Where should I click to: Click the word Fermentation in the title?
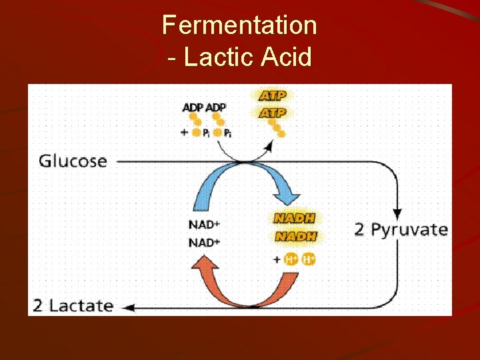click(239, 25)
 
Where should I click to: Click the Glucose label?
click(73, 161)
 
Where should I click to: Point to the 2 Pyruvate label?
click(401, 230)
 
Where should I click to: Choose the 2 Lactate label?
click(73, 306)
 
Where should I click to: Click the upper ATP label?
click(272, 97)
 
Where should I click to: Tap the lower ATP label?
click(272, 113)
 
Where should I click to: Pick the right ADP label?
click(215, 107)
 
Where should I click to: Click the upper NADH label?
click(295, 218)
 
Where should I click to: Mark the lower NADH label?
click(295, 236)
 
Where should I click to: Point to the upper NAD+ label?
click(204, 225)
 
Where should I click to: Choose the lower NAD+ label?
click(204, 242)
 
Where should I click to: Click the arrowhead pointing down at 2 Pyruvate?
click(397, 213)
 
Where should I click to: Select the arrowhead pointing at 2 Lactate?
click(130, 307)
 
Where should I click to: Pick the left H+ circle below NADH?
click(291, 259)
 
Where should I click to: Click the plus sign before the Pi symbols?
click(184, 132)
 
